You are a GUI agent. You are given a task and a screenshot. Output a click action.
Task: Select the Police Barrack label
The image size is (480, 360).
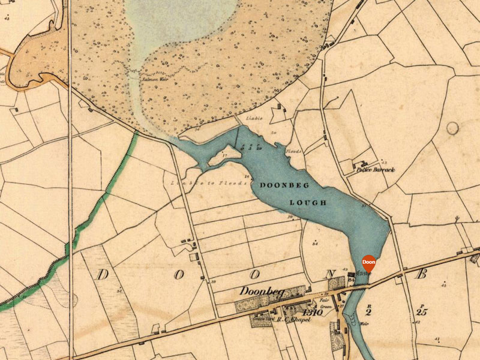click(x=376, y=170)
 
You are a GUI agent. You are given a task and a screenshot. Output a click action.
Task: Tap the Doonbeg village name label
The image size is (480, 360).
click(x=261, y=292)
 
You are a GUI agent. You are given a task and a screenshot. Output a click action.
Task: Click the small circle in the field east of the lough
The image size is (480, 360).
click(x=452, y=128)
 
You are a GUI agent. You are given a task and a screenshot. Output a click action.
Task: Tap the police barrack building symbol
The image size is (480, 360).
click(x=361, y=163)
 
